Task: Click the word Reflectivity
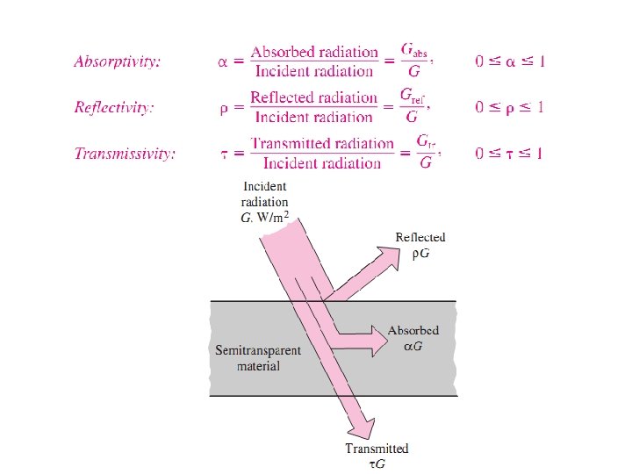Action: point(114,108)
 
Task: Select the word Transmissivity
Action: point(125,154)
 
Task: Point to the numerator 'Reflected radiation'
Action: point(313,97)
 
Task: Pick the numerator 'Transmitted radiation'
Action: point(322,143)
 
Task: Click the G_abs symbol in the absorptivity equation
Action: point(414,51)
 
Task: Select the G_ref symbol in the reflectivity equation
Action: point(414,97)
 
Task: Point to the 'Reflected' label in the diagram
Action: point(420,237)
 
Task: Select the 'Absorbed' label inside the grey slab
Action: point(413,331)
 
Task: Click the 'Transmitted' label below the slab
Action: point(377,449)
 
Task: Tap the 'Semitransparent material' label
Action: point(258,357)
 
